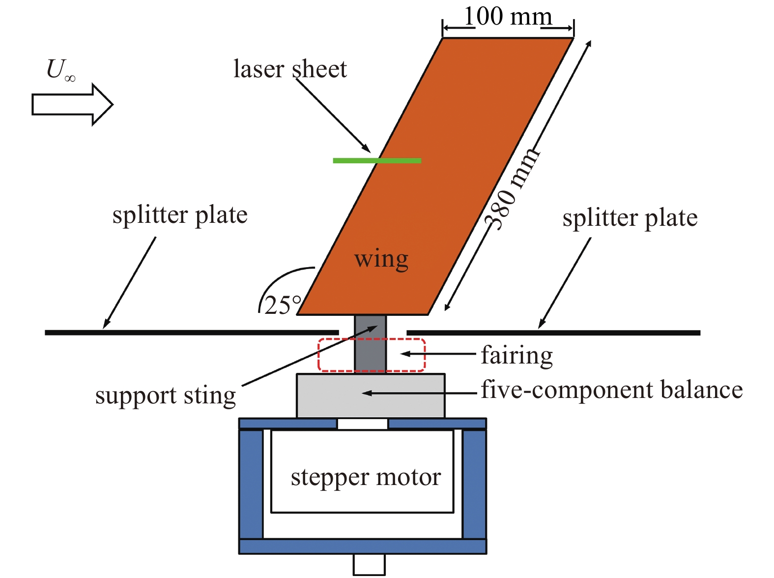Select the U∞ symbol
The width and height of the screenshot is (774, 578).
(x=60, y=70)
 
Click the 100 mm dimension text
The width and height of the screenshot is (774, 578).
(x=508, y=17)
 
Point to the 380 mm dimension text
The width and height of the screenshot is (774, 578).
(x=512, y=189)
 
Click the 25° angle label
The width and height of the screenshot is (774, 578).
(x=283, y=305)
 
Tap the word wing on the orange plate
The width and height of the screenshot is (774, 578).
(x=381, y=259)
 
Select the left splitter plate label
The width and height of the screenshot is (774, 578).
(x=180, y=215)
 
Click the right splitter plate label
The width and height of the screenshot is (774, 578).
(x=630, y=218)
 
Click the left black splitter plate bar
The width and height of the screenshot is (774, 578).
(x=192, y=333)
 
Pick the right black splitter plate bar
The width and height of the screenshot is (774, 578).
(x=553, y=333)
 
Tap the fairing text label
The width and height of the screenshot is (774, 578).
(x=516, y=355)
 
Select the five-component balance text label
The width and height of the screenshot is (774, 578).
(x=611, y=390)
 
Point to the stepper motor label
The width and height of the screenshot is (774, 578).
(x=366, y=478)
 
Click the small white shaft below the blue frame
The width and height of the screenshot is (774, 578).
(x=369, y=564)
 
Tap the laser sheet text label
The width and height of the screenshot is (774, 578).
(x=290, y=69)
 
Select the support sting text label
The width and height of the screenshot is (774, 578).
(x=166, y=396)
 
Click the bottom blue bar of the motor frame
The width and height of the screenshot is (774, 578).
(x=363, y=547)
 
